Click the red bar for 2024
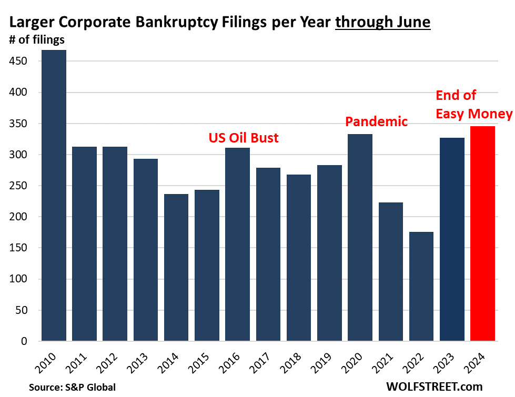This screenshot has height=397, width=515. (x=482, y=233)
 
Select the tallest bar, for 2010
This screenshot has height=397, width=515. (x=54, y=196)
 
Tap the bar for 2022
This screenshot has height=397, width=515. (x=390, y=287)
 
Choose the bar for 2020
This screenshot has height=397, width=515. (x=360, y=238)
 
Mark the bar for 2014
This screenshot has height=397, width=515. (x=176, y=268)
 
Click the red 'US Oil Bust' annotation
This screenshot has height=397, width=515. (x=244, y=138)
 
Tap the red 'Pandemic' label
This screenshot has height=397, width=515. (x=376, y=122)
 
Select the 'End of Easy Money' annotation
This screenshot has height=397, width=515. (x=473, y=105)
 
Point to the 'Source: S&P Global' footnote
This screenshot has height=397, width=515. (x=72, y=387)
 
